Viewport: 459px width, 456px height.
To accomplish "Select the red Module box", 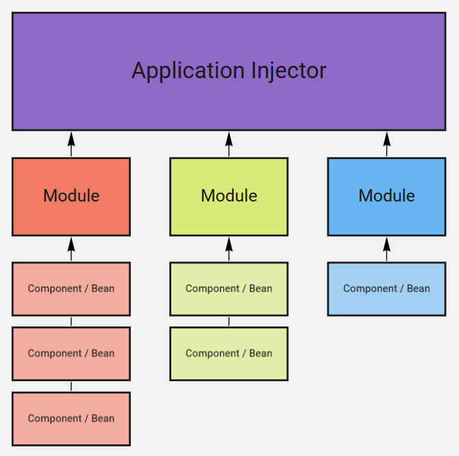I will pos(71,196).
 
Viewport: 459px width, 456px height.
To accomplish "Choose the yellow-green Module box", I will pos(229,196).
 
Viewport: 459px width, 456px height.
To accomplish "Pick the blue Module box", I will pos(386,196).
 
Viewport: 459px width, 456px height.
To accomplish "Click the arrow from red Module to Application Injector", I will pos(71,144).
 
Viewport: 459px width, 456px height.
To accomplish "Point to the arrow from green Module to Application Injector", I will pos(229,144).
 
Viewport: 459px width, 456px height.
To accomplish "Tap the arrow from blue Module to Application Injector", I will pos(386,144).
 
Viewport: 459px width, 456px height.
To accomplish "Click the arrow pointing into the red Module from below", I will pos(71,249).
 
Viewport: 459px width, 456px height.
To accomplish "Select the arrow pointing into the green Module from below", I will pos(229,249).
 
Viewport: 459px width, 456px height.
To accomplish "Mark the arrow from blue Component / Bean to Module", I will pos(386,249).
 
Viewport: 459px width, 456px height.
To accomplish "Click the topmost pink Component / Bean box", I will pos(71,289).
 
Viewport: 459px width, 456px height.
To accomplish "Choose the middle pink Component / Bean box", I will pos(71,354).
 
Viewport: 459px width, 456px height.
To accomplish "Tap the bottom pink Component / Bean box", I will pos(71,419).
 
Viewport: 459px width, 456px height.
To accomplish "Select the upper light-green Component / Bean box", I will pos(229,289).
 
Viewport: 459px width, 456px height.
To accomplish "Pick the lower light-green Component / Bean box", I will pos(229,354).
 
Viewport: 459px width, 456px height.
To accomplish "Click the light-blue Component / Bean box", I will pos(386,289).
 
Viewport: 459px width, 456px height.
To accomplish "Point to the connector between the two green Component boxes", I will pos(229,322).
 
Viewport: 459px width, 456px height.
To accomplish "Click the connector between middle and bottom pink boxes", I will pos(71,387).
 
